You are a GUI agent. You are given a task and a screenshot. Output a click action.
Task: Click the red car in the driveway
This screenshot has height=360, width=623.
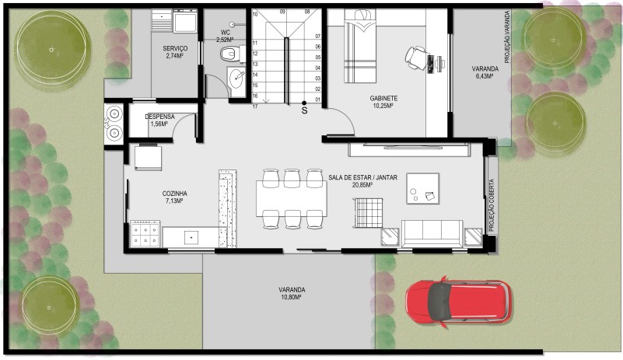pos(459,302)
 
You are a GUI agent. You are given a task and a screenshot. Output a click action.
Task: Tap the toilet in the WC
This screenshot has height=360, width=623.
pos(231,54)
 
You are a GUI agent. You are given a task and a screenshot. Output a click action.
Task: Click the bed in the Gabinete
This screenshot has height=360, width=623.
pos(359,46)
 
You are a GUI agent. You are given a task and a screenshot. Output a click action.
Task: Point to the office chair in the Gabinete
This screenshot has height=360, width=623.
pos(416,58)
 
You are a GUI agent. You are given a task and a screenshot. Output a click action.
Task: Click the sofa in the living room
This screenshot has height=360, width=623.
pos(432,232)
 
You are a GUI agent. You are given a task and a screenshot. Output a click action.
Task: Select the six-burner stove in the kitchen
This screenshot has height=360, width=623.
pos(145,235)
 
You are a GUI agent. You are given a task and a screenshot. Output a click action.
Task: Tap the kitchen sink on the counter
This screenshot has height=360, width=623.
pos(191,237)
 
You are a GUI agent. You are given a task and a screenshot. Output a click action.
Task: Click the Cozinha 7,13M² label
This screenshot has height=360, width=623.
pos(174,197)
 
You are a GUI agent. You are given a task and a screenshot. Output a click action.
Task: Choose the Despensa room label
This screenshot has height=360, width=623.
pos(159,117)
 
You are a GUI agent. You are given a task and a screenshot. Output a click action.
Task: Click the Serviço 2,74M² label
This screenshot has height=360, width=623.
pos(175,52)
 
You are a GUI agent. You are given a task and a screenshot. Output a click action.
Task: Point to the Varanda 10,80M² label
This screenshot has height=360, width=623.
pos(292,293)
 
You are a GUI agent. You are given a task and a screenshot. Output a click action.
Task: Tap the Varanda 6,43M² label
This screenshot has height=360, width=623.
pos(485,72)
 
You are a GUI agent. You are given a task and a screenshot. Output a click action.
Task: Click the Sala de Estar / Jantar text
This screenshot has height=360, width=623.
pos(362,177)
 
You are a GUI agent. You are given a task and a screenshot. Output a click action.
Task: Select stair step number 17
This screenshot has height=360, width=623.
pos(255,107)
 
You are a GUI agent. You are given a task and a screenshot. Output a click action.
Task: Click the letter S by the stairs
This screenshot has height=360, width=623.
pos(304,111)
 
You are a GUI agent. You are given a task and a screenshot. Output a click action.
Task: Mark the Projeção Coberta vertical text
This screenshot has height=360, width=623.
pos(492,205)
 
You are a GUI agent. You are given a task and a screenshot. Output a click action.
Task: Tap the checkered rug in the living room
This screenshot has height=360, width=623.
pos(369,213)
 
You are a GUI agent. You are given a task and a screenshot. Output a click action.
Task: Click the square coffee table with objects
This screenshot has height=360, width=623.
pos(423,188)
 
